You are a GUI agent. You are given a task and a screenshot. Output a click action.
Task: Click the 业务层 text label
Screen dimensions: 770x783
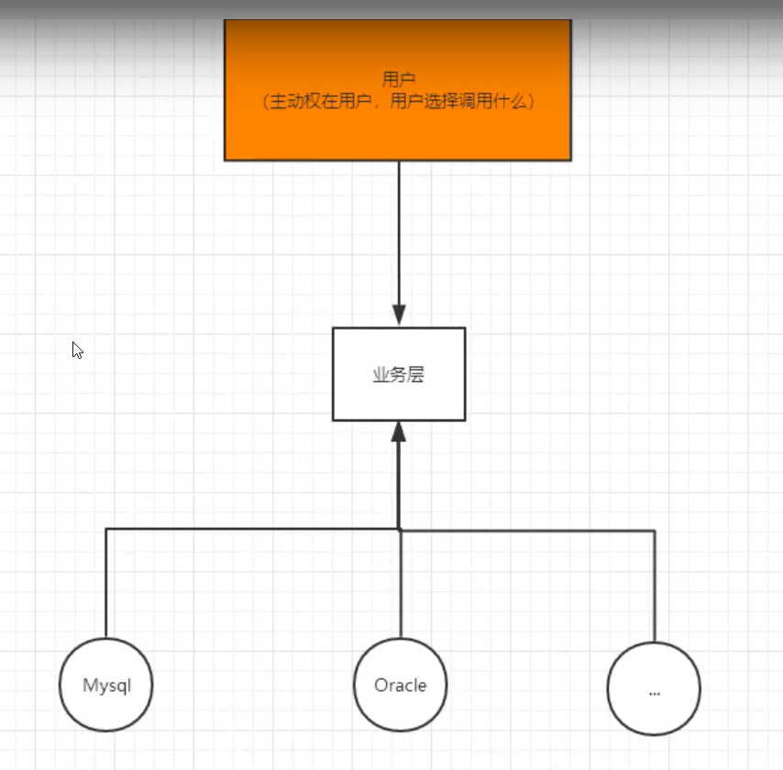[399, 375]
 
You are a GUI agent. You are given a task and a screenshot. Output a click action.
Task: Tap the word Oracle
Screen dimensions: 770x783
[400, 685]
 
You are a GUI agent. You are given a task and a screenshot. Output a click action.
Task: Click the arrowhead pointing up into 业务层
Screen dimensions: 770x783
[399, 432]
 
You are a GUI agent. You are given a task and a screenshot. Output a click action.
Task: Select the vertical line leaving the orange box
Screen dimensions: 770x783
[399, 229]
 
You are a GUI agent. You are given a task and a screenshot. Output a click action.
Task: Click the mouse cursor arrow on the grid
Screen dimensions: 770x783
[77, 350]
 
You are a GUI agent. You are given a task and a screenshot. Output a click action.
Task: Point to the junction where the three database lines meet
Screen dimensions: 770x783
[399, 529]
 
